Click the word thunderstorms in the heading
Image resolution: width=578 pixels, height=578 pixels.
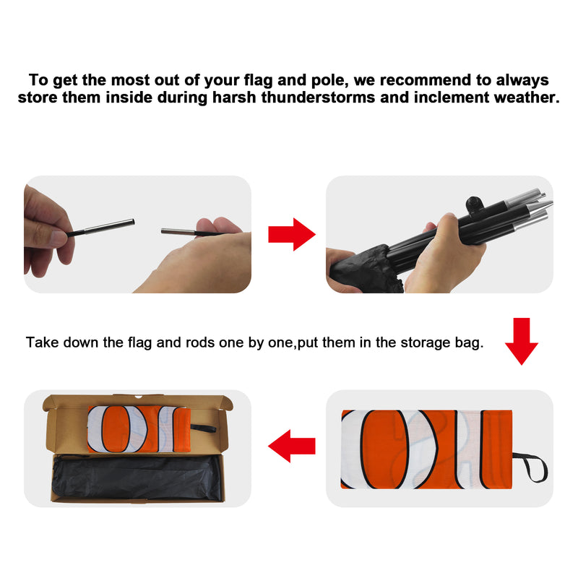318,98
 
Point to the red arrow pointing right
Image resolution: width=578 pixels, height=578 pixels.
292,234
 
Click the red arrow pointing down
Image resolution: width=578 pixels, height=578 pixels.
521,341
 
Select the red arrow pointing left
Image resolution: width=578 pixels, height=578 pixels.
292,446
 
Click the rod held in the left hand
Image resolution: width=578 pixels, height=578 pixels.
100,227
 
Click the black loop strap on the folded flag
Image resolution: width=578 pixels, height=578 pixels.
531,467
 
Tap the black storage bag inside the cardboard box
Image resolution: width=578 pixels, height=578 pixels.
137,478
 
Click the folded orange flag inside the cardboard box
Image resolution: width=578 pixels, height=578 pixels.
139,429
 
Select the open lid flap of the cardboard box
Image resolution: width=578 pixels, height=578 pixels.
137,401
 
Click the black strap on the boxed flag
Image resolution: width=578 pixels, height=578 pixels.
203,428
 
